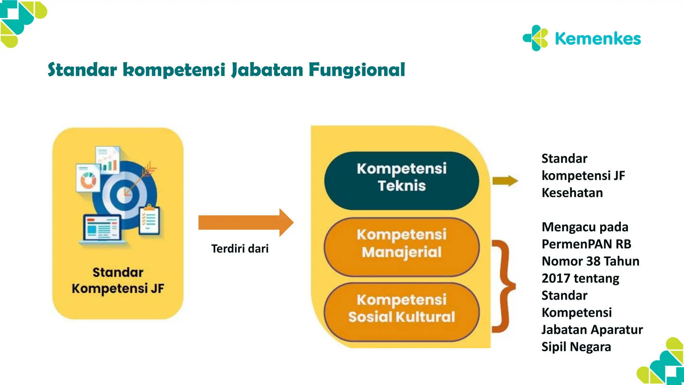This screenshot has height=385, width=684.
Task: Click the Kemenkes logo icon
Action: pos(535,38)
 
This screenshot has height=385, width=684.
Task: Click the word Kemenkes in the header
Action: pos(597,39)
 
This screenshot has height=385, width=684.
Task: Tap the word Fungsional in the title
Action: pos(356,70)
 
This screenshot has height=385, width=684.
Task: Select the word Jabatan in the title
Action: pos(267,70)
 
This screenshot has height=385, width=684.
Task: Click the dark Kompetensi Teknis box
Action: pos(401,181)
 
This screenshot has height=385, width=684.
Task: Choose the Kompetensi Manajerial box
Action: pos(401,247)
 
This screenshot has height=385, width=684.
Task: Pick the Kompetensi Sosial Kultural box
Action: pos(401,312)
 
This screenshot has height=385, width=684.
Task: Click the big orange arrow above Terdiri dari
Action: pos(245,223)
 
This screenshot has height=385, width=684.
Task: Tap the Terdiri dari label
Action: pos(239,249)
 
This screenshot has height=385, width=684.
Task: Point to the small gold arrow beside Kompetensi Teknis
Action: pos(505,181)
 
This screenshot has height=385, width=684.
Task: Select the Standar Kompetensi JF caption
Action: pos(118,280)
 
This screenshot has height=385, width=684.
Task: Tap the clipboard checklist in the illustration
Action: pos(149,220)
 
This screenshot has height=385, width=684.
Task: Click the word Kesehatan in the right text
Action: pos(572,193)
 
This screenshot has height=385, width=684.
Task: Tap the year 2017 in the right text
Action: pos(556,278)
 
